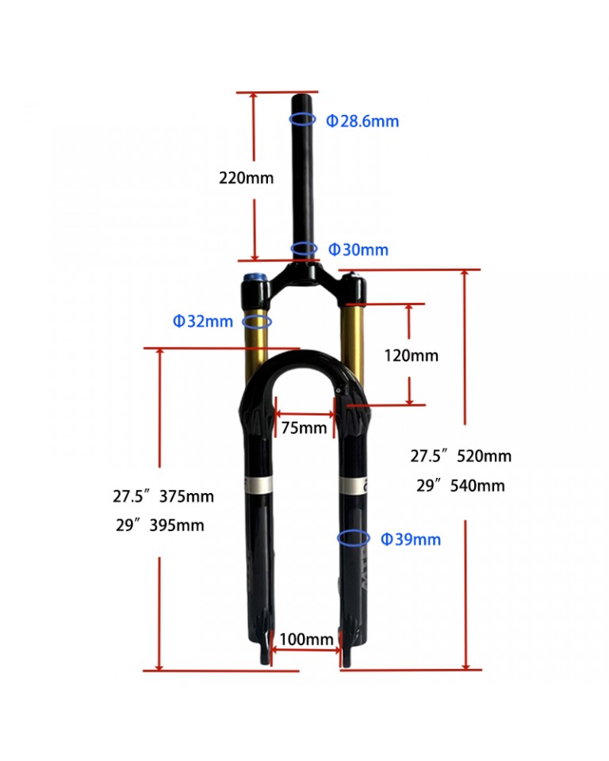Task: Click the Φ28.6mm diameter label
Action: (x=362, y=120)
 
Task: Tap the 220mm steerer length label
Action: (x=247, y=178)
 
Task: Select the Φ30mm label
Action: (x=358, y=250)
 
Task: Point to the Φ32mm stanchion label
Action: (x=203, y=321)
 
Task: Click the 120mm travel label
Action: (x=412, y=355)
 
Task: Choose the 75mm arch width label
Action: (x=304, y=427)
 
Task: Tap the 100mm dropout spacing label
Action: (x=306, y=639)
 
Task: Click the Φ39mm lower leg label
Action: (x=411, y=539)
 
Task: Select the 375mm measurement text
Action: (x=186, y=496)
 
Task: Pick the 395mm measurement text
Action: (x=177, y=525)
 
